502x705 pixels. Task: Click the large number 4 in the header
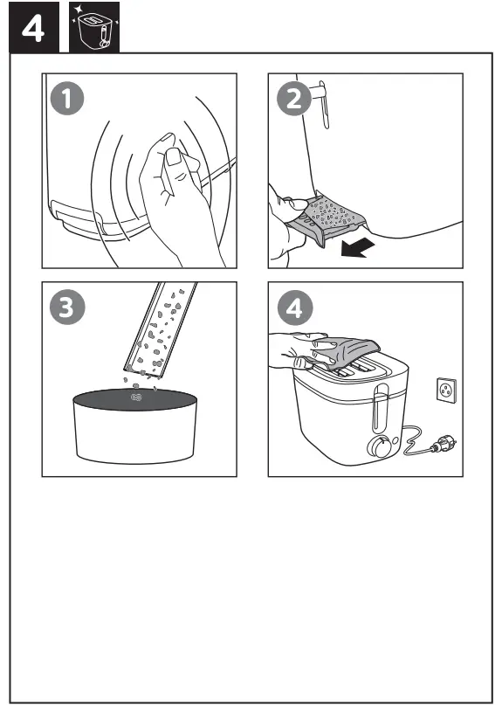33,30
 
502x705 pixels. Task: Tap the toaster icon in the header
94,27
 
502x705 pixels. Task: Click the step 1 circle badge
67,99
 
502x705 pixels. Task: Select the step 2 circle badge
293,99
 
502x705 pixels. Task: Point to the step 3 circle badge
67,308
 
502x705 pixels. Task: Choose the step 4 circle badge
294,308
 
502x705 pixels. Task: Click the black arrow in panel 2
357,247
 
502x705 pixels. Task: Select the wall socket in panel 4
446,391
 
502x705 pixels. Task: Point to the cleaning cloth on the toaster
347,350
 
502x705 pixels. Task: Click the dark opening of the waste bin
134,399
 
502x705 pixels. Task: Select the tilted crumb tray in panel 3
161,329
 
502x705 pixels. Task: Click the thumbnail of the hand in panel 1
174,157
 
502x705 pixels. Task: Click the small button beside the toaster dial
395,441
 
